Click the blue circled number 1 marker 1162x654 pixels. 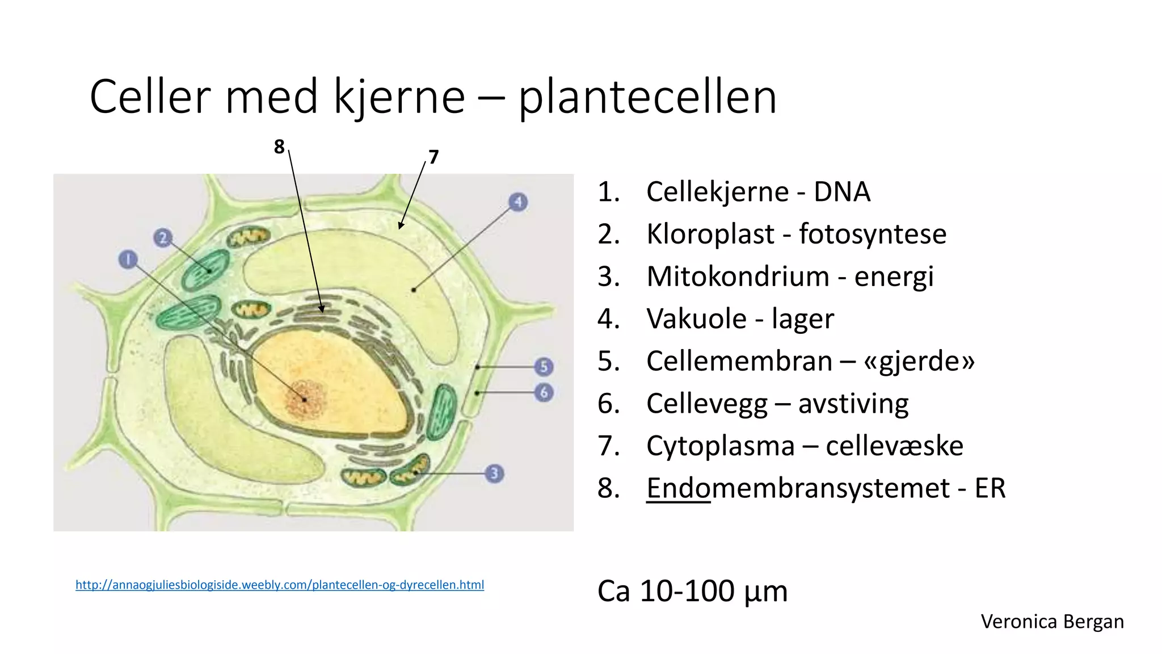(x=128, y=260)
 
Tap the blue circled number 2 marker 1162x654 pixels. (x=163, y=237)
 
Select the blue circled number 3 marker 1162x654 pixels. (x=494, y=473)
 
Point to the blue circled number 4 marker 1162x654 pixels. (x=517, y=202)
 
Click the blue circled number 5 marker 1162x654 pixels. (x=544, y=367)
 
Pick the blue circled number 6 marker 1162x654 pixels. (x=544, y=392)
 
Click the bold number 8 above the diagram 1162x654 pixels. (x=279, y=147)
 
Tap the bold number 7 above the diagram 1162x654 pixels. (x=433, y=157)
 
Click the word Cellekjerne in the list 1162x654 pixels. (x=717, y=192)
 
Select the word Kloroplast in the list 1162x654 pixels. (x=710, y=234)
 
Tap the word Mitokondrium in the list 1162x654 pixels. (x=738, y=277)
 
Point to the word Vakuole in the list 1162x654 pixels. (x=696, y=319)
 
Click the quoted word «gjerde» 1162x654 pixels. (x=919, y=362)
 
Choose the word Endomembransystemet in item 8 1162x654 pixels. (x=798, y=488)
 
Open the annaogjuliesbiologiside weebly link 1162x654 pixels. (x=280, y=585)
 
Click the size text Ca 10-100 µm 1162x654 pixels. (x=692, y=592)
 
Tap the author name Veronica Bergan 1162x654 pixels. (x=1052, y=622)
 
